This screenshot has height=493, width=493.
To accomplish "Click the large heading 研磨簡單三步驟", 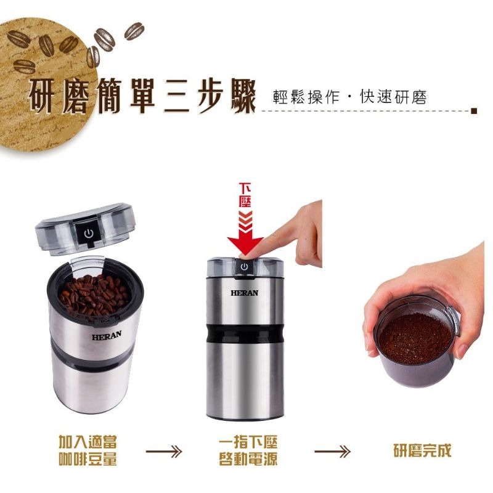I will [x=142, y=99].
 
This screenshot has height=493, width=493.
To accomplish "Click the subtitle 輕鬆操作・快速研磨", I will [x=349, y=98].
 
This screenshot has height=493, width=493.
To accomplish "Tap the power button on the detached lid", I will [x=89, y=234].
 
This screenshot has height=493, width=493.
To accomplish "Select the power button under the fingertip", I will [x=244, y=266].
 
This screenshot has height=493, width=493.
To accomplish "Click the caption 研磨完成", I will [x=422, y=450].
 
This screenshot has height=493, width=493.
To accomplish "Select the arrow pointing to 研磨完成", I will [x=332, y=452].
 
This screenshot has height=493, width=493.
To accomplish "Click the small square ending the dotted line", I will [x=473, y=112].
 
